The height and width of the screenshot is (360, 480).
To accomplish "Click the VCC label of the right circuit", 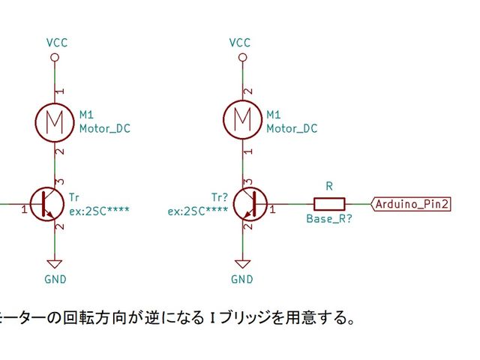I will pyautogui.click(x=240, y=43).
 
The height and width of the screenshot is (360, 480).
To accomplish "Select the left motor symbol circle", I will pyautogui.click(x=54, y=121).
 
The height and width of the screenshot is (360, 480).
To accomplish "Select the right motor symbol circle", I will pyautogui.click(x=241, y=121).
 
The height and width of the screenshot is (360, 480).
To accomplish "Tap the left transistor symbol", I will pyautogui.click(x=52, y=203).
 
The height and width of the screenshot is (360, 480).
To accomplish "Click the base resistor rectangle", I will pyautogui.click(x=328, y=203).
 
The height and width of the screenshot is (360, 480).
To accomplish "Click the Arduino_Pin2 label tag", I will pyautogui.click(x=412, y=203).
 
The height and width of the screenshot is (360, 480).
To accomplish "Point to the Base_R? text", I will pyautogui.click(x=328, y=220).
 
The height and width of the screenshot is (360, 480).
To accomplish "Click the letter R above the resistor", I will pyautogui.click(x=328, y=186).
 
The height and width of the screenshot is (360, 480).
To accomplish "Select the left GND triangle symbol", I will pyautogui.click(x=54, y=264).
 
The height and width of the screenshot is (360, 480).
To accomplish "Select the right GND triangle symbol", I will pyautogui.click(x=241, y=264).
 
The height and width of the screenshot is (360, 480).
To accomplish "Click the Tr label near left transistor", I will pyautogui.click(x=73, y=196).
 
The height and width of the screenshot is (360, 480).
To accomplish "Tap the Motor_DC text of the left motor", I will pyautogui.click(x=104, y=128).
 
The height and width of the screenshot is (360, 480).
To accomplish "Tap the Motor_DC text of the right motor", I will pyautogui.click(x=292, y=128).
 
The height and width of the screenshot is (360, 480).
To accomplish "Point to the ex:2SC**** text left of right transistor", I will pyautogui.click(x=197, y=211).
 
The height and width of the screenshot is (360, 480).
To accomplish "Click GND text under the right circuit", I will pyautogui.click(x=241, y=280).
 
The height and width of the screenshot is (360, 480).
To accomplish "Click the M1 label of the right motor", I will pyautogui.click(x=274, y=115).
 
